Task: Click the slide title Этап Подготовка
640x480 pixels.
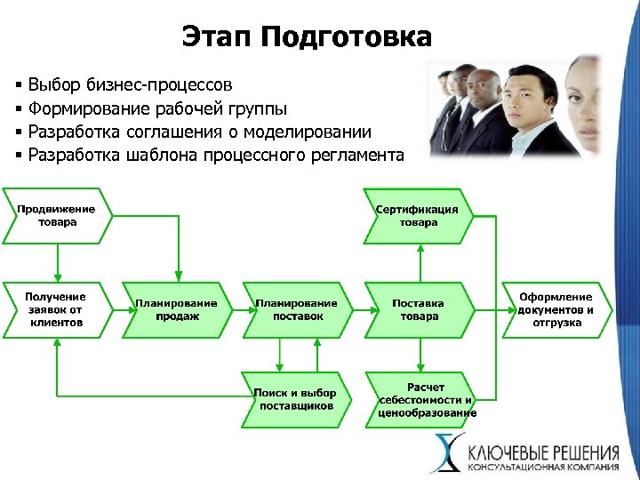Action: pyautogui.click(x=307, y=36)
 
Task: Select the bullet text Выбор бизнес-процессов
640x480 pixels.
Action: pyautogui.click(x=130, y=85)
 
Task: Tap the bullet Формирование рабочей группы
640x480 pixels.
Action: pyautogui.click(x=157, y=109)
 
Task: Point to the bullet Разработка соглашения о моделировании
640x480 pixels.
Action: pyautogui.click(x=199, y=132)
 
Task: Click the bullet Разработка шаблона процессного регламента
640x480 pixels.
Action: pyautogui.click(x=215, y=156)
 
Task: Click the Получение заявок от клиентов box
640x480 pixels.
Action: pyautogui.click(x=55, y=309)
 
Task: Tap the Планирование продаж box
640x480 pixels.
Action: pyautogui.click(x=175, y=309)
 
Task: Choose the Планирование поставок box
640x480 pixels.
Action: pyautogui.click(x=296, y=309)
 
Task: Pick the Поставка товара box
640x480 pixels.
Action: pyautogui.click(x=418, y=309)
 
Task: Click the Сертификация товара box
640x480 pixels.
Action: pyautogui.click(x=417, y=215)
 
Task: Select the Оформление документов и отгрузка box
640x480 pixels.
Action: pyautogui.click(x=556, y=309)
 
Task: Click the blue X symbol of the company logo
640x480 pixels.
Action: pyautogui.click(x=447, y=452)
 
